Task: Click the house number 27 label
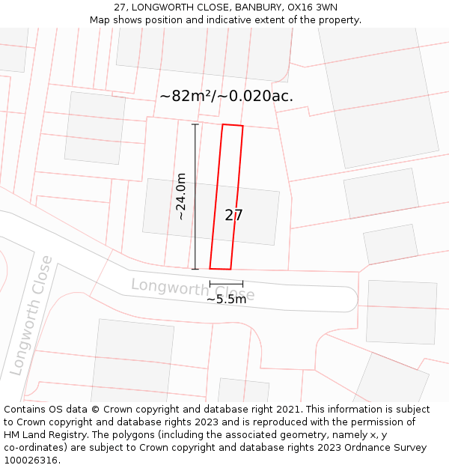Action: click(x=233, y=216)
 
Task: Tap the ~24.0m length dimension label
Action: click(x=180, y=196)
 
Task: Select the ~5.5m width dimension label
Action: click(x=226, y=300)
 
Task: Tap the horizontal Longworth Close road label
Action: click(x=192, y=289)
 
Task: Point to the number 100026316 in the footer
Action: click(x=29, y=461)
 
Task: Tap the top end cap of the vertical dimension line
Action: click(x=195, y=124)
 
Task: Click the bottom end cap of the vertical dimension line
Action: click(x=195, y=269)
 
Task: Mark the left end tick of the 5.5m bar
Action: click(x=210, y=283)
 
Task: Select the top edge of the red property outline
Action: click(x=233, y=125)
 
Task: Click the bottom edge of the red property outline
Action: click(x=220, y=268)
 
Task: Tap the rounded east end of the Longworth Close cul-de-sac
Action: click(x=356, y=299)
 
